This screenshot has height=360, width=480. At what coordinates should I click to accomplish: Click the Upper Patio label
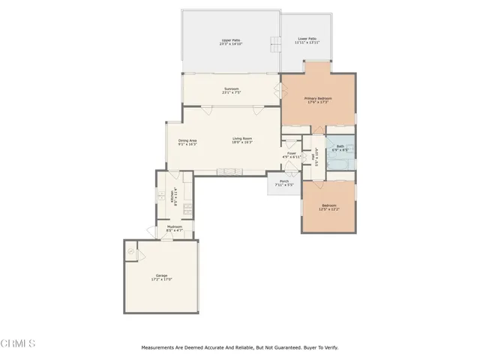point(230,42)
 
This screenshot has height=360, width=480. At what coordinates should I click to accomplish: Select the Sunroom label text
point(231,91)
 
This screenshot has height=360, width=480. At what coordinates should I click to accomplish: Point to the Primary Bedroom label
point(318,100)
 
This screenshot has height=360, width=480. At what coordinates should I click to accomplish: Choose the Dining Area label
point(187,142)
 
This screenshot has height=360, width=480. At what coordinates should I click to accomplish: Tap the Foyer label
point(292,155)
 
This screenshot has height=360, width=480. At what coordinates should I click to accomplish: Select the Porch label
point(284,182)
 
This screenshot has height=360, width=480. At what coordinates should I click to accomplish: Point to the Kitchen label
point(174,196)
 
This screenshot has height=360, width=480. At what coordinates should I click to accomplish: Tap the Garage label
point(161,277)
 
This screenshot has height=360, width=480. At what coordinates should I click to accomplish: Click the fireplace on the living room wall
point(226,172)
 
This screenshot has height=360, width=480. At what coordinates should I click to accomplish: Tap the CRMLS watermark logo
point(19,343)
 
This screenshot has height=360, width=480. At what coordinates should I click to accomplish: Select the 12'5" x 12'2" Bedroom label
point(330,207)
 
